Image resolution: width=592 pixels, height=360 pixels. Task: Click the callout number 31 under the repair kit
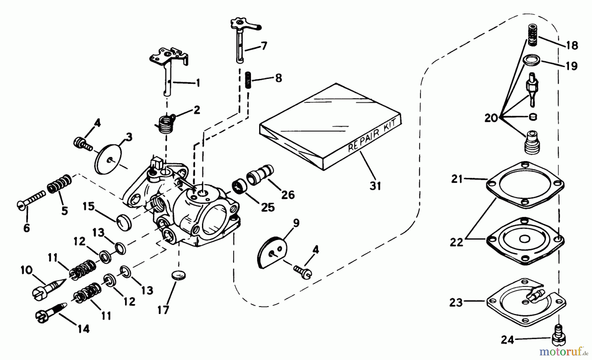[375, 186]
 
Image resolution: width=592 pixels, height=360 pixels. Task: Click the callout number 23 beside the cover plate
[456, 302]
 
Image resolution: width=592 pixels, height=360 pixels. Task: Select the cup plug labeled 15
[124, 223]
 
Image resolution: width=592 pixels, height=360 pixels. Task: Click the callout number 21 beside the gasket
[457, 179]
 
